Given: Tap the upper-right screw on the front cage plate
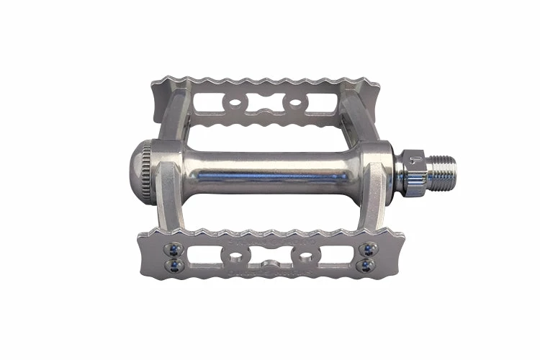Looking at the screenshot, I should pyautogui.click(x=369, y=249).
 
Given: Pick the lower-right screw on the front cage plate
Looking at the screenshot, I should pyautogui.click(x=369, y=265).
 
